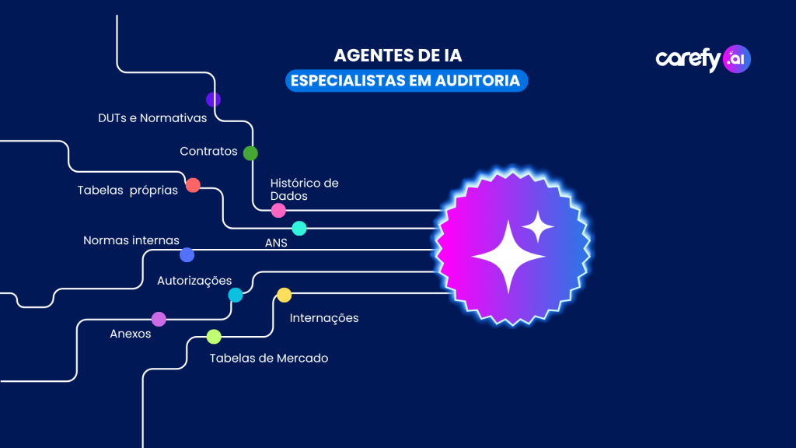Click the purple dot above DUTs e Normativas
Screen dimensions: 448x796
coord(213,100)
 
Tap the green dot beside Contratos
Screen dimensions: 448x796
coord(250,153)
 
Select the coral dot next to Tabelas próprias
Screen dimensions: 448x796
coord(193,185)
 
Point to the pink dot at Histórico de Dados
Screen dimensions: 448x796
coord(278,210)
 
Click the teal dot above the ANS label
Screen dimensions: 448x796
coord(299,228)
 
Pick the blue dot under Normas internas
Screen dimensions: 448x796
coord(187,254)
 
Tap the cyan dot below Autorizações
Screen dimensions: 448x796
coord(236,295)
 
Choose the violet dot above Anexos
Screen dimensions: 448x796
coord(159,319)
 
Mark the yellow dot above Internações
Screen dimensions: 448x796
coord(285,295)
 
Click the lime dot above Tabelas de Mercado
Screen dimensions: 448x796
coord(214,337)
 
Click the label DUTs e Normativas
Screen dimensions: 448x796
coord(152,119)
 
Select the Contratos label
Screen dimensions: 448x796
coord(208,152)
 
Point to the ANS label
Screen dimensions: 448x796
coord(276,243)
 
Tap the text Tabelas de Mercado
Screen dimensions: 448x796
coord(269,359)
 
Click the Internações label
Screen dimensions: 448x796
coord(324,318)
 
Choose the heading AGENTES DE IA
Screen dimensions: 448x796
coord(397,56)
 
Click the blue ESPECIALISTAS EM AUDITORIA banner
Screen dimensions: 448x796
coord(407,81)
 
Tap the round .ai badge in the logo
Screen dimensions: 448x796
coord(736,59)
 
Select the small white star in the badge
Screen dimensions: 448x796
coord(537,227)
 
